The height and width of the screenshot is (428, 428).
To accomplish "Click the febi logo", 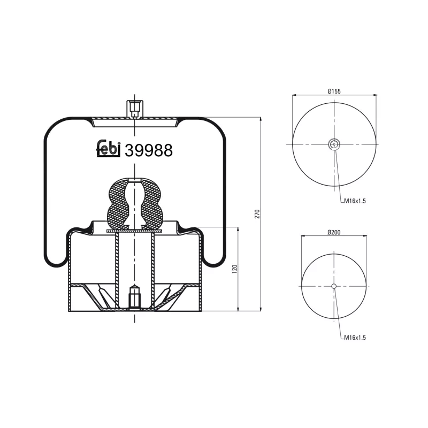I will tap(108, 150).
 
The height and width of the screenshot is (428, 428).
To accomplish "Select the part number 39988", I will tap(148, 151).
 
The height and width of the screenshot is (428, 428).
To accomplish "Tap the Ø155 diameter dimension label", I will tap(334, 91).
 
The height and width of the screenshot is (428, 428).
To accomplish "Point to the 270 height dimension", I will tap(257, 214).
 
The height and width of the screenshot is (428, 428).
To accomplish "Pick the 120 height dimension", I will tap(234, 269).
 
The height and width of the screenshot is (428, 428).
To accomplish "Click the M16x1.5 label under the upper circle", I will tap(355, 201).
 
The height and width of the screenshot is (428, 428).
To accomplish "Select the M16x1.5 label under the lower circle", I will tap(355, 338).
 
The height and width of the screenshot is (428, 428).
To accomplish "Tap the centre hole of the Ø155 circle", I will tap(334, 143).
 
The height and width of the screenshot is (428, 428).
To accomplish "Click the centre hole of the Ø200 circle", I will tap(334, 286).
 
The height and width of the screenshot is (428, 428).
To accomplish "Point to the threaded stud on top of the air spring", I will tap(134, 108).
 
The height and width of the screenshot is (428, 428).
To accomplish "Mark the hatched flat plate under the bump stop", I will tap(134, 231).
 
